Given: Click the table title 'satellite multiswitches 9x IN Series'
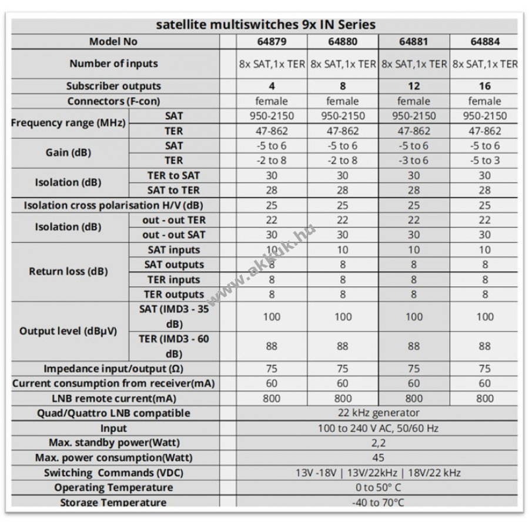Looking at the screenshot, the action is (x=266, y=25).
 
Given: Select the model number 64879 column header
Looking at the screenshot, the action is (x=272, y=42).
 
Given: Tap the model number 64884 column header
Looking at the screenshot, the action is (x=485, y=42).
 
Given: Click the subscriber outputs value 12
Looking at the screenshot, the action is (x=414, y=86).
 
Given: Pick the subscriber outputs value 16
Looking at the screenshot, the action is (x=485, y=86).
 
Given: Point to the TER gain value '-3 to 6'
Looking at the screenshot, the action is (x=414, y=160).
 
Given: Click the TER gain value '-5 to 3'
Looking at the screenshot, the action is (x=485, y=160).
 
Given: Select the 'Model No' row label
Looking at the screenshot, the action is (x=113, y=42).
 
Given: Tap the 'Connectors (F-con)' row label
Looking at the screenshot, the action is (x=113, y=101).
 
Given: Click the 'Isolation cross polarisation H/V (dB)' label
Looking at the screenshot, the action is (x=113, y=205).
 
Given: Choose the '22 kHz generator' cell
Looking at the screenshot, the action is (x=379, y=413).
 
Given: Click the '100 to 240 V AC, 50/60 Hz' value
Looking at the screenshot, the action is (x=378, y=428).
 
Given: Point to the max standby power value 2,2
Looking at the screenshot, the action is (x=378, y=443).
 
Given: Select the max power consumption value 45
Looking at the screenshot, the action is (x=378, y=457).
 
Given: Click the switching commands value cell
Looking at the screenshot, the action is (x=378, y=473).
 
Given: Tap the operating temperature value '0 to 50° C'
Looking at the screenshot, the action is (x=378, y=487).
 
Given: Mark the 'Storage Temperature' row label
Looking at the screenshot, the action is (x=113, y=502).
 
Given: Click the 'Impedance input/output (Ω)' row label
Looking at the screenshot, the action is (x=113, y=369).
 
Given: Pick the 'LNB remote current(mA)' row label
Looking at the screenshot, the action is (x=114, y=399).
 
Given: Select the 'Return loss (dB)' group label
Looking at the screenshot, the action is (x=68, y=271).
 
